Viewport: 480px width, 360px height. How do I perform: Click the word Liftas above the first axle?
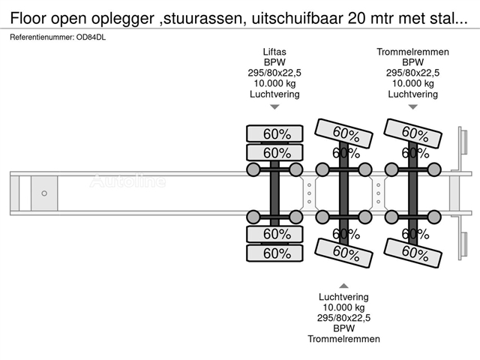pyautogui.click(x=274, y=52)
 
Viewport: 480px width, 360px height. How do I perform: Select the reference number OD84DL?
pyautogui.click(x=91, y=37)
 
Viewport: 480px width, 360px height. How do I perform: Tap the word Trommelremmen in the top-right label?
pyautogui.click(x=412, y=52)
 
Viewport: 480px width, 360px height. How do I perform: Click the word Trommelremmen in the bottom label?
pyautogui.click(x=343, y=339)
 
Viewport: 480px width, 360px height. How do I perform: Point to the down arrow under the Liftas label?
pyautogui.click(x=274, y=106)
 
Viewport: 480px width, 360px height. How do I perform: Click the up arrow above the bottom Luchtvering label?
pyautogui.click(x=343, y=286)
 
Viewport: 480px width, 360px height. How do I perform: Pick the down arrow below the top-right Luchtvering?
pyautogui.click(x=413, y=106)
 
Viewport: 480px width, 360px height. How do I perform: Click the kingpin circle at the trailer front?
pyautogui.click(x=44, y=193)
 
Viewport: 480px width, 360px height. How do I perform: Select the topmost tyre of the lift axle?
pyautogui.click(x=275, y=133)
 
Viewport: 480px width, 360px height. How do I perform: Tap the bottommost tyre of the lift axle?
pyautogui.click(x=275, y=253)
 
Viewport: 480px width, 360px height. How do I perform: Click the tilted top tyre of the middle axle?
pyautogui.click(x=343, y=133)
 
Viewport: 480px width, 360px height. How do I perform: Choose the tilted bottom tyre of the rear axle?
pyautogui.click(x=413, y=253)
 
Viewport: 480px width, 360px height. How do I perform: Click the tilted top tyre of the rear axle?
pyautogui.click(x=413, y=133)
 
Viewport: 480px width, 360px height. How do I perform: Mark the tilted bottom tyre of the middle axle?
pyautogui.click(x=343, y=253)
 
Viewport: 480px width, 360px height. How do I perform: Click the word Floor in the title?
pyautogui.click(x=28, y=18)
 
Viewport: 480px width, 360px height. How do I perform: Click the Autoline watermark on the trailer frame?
pyautogui.click(x=127, y=181)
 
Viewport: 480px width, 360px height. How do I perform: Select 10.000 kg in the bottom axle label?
pyautogui.click(x=343, y=307)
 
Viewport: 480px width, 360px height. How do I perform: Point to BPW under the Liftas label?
pyautogui.click(x=274, y=62)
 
